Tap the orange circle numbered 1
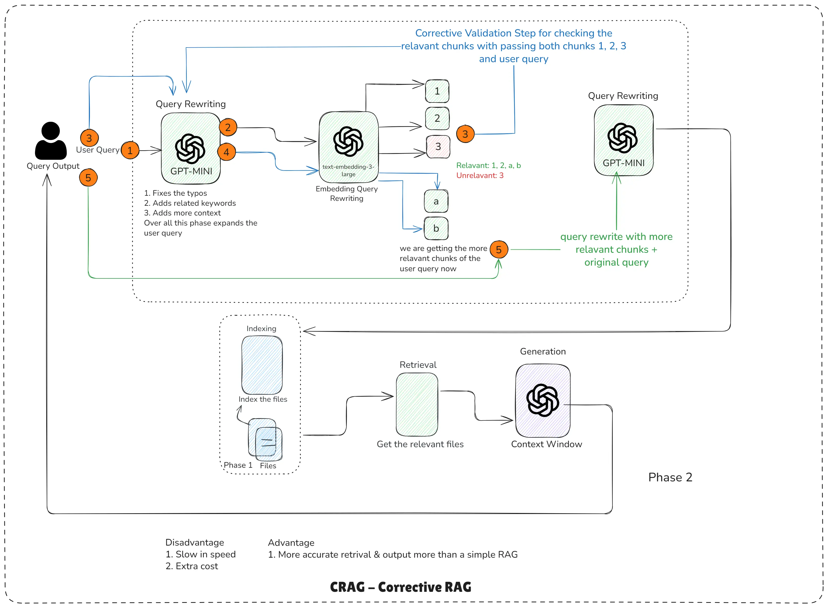[x=130, y=150]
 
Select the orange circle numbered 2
[x=228, y=127]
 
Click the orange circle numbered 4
[x=226, y=152]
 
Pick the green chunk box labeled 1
[x=437, y=91]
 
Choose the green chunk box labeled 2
[x=437, y=118]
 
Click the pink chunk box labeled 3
[x=438, y=146]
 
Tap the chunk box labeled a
[x=436, y=201]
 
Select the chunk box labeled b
[x=436, y=228]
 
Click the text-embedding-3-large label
[x=348, y=170]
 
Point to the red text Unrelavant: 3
[x=480, y=175]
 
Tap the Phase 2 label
[x=670, y=477]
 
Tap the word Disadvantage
[x=195, y=542]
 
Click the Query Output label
[x=53, y=166]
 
